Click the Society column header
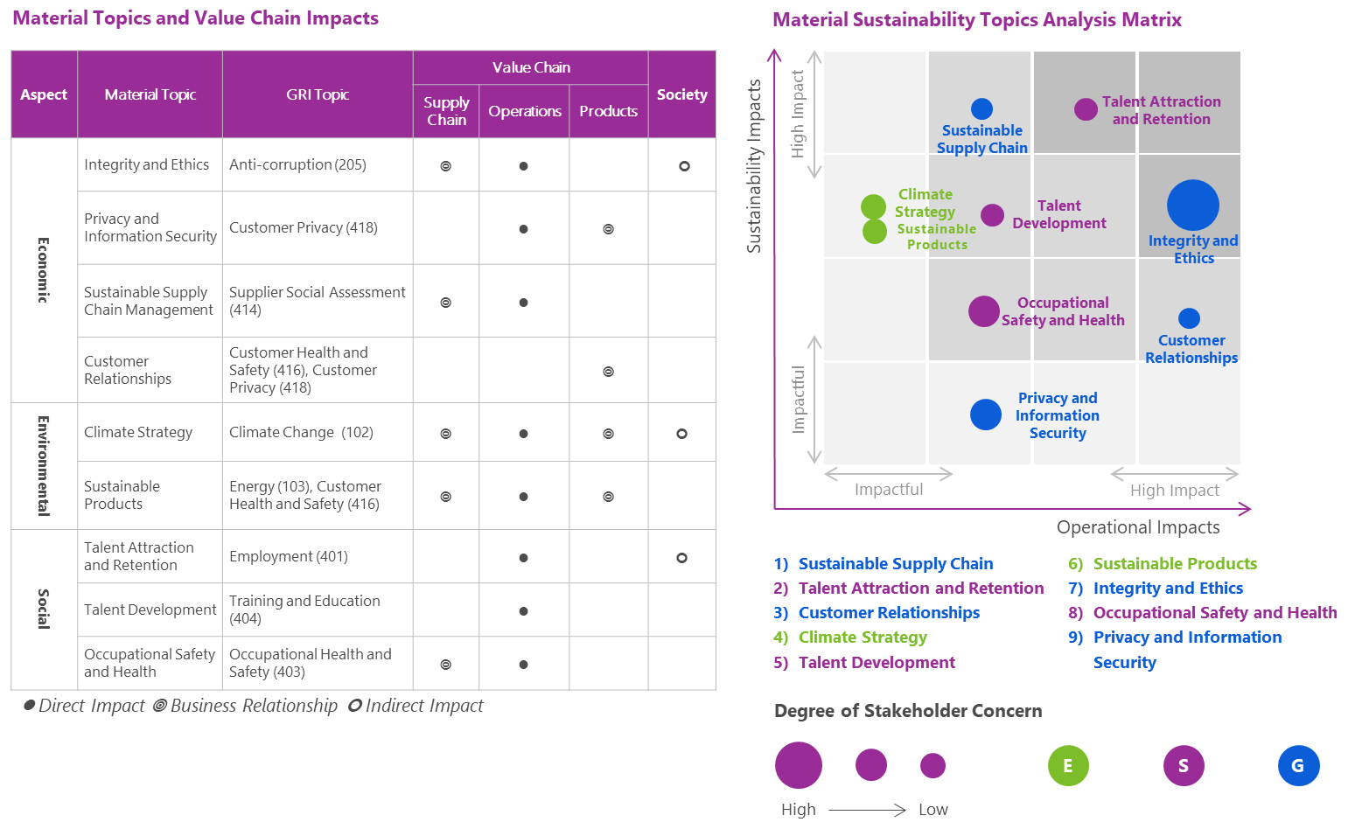click(681, 94)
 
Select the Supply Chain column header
click(446, 111)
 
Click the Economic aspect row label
click(44, 270)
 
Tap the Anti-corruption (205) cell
click(297, 164)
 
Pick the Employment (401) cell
click(289, 556)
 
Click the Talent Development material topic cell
click(150, 610)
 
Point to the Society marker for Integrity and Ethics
click(684, 166)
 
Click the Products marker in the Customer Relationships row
click(609, 372)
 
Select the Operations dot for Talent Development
click(524, 611)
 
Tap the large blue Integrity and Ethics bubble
click(1193, 206)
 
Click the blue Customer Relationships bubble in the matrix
click(1189, 318)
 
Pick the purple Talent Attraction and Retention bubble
click(1086, 109)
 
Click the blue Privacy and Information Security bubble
click(986, 414)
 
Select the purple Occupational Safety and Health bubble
click(984, 311)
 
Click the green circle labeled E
click(1068, 766)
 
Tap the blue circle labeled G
click(1299, 766)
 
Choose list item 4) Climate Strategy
click(849, 637)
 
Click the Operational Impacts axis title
click(1138, 527)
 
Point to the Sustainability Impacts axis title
click(754, 166)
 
